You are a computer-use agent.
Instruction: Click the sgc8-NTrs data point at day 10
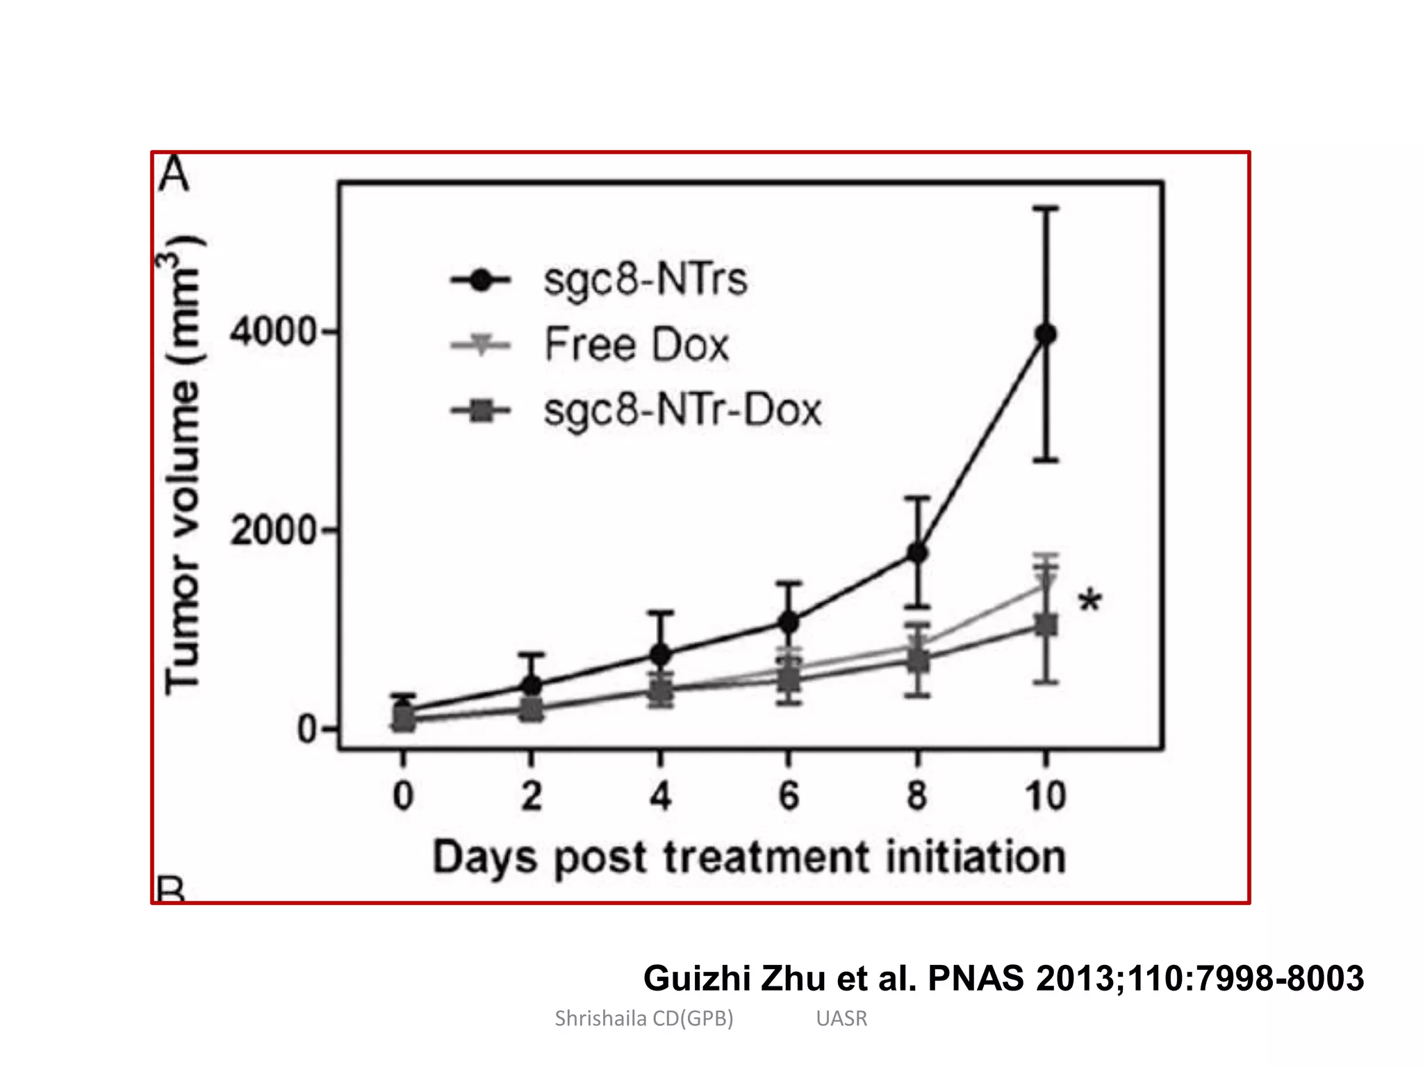click(x=1046, y=335)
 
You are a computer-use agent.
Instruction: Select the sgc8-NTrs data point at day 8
click(x=917, y=553)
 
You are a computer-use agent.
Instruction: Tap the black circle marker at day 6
click(x=789, y=622)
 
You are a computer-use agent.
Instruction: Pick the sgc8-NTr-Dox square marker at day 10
click(x=1046, y=625)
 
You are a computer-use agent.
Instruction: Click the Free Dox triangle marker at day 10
click(x=1046, y=582)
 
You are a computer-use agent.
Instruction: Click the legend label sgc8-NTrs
click(x=645, y=280)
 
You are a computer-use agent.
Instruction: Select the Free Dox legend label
click(x=636, y=345)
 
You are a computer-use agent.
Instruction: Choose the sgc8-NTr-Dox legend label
click(x=682, y=410)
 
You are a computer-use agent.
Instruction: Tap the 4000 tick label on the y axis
click(x=274, y=332)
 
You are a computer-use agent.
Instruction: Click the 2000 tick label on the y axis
click(x=274, y=531)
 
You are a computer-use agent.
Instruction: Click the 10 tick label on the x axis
click(x=1046, y=796)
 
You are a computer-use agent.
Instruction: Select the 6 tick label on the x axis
click(x=789, y=796)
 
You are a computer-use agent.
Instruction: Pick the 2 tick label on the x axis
click(x=532, y=796)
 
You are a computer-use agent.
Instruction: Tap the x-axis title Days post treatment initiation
click(x=749, y=857)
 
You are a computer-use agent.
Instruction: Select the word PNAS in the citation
click(x=976, y=978)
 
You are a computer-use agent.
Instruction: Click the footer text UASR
click(x=841, y=1018)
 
